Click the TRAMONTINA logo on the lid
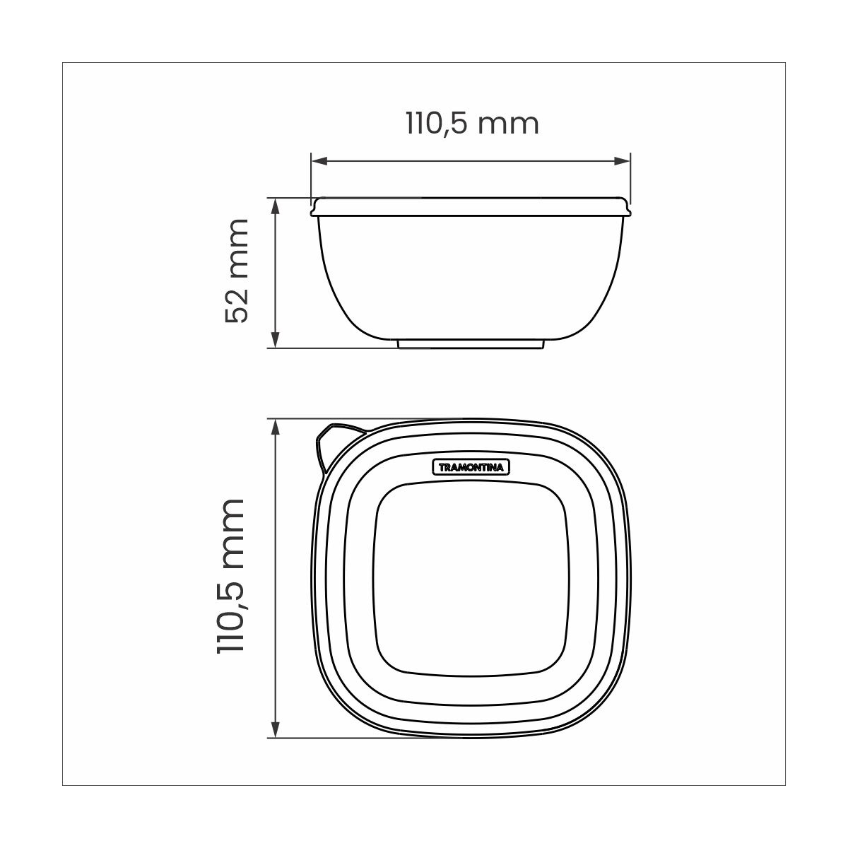pos(472,467)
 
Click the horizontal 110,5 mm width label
pos(472,124)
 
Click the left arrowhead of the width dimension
pos(319,161)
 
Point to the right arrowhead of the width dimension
pos(622,161)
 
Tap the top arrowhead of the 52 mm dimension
pos(276,206)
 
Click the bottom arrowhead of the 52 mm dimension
pos(276,340)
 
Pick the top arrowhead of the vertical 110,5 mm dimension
pos(276,427)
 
